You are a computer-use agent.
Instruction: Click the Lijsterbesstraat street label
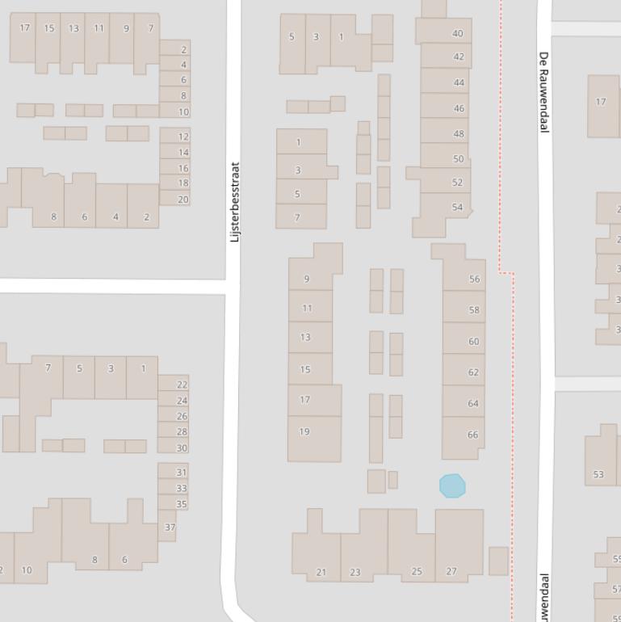pos(235,202)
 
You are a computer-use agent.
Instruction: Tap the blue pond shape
pos(452,485)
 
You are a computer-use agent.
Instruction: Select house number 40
pos(458,34)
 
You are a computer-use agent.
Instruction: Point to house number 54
pos(458,208)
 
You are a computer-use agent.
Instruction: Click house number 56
pos(474,279)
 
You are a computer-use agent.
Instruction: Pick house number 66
pos(472,435)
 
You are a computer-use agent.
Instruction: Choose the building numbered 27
pos(451,571)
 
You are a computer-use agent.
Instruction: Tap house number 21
pos(321,572)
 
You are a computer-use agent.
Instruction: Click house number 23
pos(355,572)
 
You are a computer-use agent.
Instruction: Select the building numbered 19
pos(304,431)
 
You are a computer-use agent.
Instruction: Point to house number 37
pos(170,527)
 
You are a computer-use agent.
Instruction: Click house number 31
pos(181,473)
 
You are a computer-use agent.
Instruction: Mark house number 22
pos(182,385)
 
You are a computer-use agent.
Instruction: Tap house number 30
pos(182,448)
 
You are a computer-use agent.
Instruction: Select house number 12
pos(183,137)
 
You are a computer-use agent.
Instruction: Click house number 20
pos(183,200)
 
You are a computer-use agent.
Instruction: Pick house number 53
pos(598,474)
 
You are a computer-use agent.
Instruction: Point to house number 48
pos(459,134)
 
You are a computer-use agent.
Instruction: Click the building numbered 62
pos(473,372)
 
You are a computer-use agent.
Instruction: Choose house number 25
pos(417,571)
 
